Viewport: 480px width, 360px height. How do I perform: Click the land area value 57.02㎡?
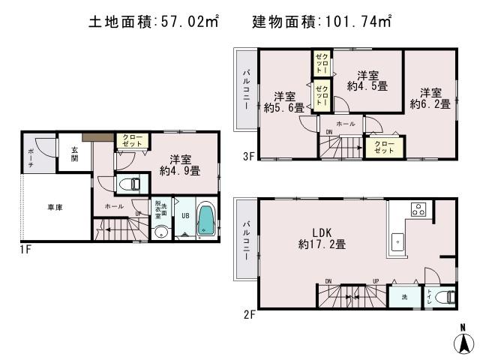(188, 22)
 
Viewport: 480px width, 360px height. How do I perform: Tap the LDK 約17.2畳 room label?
(322, 238)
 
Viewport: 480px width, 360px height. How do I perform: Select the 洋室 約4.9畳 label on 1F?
(179, 165)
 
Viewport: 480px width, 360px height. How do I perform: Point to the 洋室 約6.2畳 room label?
(430, 98)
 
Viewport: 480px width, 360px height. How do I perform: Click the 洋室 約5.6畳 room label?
(283, 102)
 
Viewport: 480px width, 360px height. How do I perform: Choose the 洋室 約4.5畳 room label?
(367, 81)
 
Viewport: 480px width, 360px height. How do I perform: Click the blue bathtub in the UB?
(205, 221)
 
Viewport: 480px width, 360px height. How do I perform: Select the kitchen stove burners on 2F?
(418, 210)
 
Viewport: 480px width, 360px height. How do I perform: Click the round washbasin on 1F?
(160, 232)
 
